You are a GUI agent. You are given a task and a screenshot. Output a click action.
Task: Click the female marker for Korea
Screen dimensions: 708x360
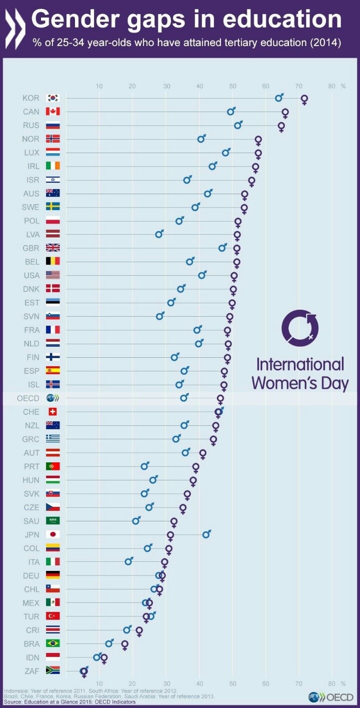[304, 100]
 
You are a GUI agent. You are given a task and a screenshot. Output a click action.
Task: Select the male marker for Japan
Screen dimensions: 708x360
[206, 534]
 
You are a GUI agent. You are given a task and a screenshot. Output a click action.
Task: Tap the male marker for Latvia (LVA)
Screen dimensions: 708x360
[159, 234]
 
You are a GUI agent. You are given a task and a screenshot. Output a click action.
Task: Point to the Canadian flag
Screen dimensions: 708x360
[52, 111]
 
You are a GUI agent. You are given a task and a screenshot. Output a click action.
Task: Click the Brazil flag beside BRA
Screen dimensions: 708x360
[52, 643]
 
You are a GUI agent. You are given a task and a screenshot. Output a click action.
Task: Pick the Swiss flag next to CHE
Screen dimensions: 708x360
[52, 412]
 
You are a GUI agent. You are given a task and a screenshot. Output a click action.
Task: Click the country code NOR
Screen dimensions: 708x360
[30, 139]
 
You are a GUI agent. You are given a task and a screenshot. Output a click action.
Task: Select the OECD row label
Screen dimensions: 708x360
[28, 398]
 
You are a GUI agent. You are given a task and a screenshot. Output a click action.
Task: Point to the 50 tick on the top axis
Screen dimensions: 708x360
[232, 86]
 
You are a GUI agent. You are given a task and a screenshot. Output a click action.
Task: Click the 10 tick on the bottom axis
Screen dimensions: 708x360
[99, 683]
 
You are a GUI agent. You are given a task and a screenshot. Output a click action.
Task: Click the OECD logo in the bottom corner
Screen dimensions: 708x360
[331, 697]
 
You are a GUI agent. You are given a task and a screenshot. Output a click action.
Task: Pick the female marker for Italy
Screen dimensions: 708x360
[164, 562]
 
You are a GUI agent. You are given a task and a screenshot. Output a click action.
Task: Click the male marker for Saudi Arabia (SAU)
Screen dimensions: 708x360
[135, 521]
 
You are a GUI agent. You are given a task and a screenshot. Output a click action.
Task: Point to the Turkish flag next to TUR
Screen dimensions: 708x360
[52, 616]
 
